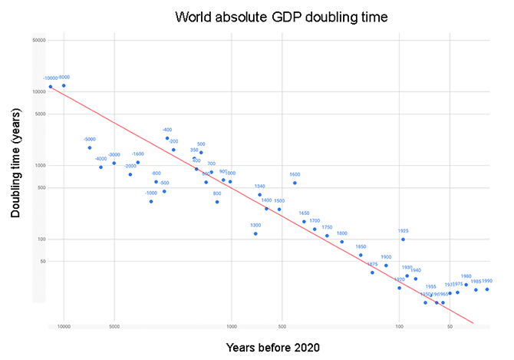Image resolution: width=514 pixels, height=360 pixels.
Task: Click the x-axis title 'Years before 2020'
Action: pos(272,347)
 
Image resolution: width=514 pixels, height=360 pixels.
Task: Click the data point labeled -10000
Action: pos(51,87)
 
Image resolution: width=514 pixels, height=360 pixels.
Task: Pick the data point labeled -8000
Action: pos(64,85)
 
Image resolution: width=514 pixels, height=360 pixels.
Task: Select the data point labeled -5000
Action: pos(90,147)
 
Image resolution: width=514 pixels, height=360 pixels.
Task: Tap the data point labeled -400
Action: pos(167,138)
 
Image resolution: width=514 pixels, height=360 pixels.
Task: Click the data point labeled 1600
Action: pos(295,183)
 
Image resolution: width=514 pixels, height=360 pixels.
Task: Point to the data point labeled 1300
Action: pos(255,233)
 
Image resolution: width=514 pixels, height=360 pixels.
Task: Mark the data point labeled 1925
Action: pos(403,239)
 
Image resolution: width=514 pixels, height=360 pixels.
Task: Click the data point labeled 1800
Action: pos(342,242)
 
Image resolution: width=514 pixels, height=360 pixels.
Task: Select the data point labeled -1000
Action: pos(151,201)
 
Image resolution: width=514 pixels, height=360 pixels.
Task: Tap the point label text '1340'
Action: pos(259,187)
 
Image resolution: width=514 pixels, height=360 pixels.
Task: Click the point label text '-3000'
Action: pos(114,155)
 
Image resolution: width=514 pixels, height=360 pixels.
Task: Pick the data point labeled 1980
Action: pos(466,285)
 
